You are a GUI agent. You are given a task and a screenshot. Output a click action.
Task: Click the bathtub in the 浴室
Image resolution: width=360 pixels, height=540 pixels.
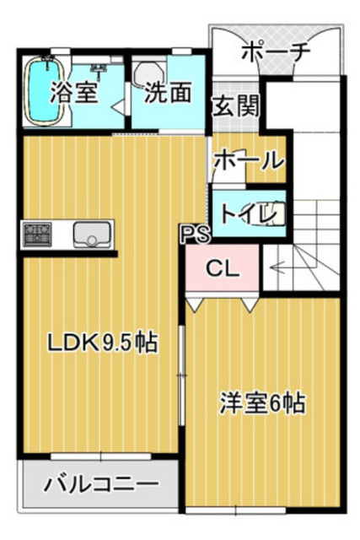[x=45, y=90]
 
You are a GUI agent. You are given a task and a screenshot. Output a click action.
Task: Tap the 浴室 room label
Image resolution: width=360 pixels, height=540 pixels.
[x=74, y=93]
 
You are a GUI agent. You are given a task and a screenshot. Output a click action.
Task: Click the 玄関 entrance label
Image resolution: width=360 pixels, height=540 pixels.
[x=236, y=106]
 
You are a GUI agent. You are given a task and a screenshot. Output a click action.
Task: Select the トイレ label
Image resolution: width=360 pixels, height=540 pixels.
[x=249, y=213]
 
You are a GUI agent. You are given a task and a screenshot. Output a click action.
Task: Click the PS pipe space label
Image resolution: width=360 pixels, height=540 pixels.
[x=195, y=235]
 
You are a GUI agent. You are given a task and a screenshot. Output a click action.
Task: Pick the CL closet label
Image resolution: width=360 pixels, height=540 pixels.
[x=223, y=268]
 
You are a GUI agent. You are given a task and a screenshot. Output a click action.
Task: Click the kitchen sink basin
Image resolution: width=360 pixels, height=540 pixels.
[x=92, y=235]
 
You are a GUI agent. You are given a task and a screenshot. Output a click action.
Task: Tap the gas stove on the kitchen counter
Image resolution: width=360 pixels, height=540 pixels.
[x=37, y=235]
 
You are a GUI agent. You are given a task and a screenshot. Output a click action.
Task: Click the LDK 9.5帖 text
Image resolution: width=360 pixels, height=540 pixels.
[x=102, y=343]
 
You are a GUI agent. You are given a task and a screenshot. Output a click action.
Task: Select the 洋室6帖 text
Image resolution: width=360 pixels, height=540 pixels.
[x=262, y=403]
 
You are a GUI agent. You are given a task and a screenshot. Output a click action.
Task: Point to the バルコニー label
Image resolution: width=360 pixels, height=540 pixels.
[x=101, y=483]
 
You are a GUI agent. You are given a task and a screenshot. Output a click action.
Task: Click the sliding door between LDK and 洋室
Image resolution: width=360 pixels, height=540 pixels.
[x=182, y=375]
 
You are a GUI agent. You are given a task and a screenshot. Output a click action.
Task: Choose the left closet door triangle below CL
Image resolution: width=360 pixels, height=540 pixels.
[x=195, y=305]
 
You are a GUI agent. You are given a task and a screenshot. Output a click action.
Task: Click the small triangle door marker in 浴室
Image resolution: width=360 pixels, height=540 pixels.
[x=119, y=107]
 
